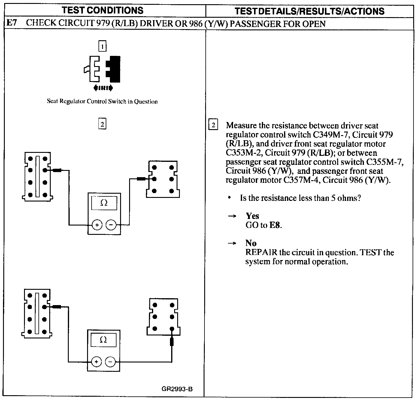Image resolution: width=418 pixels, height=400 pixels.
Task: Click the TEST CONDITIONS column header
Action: coord(102,10)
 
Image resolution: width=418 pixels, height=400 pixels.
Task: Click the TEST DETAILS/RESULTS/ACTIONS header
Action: coord(309,11)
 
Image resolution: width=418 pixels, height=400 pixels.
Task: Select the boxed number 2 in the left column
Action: coord(102,124)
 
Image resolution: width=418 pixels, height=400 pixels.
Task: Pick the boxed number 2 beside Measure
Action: coord(213,125)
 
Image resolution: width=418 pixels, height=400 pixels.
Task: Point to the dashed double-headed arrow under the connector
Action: coord(103,88)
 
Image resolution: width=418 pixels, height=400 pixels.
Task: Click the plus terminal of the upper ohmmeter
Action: coord(97,225)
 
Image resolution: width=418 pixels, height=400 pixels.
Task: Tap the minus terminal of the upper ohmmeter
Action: coord(111,225)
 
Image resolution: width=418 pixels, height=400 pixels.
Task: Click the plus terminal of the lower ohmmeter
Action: coord(96,362)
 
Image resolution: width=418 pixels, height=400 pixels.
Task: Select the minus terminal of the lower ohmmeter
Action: coord(111,362)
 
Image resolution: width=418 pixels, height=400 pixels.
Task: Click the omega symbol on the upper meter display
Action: coord(104,203)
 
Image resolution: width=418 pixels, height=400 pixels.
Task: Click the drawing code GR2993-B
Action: coord(177,389)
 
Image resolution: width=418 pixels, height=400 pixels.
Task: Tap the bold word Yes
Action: coord(252,216)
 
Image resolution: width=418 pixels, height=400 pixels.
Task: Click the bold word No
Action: coord(251,243)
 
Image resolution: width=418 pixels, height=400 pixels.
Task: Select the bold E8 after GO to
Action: coord(275,225)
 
